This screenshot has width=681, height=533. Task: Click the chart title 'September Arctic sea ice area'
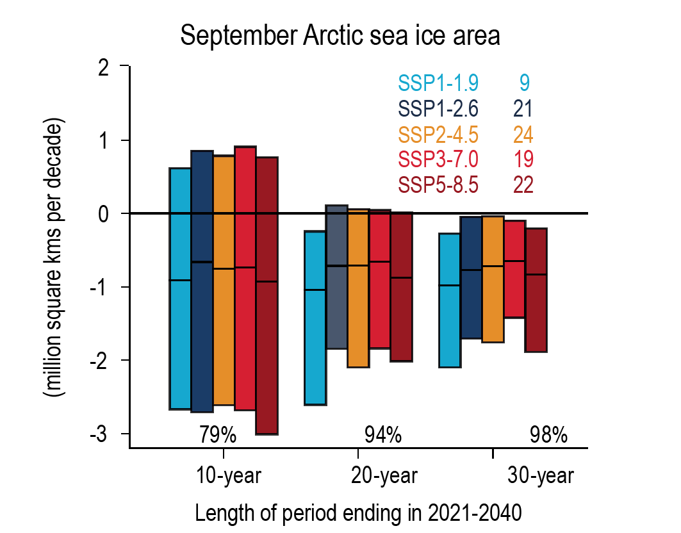(340, 36)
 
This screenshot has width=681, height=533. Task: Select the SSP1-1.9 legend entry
(438, 83)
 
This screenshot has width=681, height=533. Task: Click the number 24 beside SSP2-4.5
(523, 134)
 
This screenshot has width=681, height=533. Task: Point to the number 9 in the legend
(524, 83)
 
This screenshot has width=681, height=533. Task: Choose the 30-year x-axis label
(541, 477)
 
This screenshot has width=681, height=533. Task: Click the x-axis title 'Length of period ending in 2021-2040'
(357, 513)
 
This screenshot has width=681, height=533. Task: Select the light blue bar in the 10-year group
(180, 288)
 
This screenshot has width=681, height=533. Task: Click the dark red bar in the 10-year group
(267, 295)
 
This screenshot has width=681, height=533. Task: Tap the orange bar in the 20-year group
(358, 288)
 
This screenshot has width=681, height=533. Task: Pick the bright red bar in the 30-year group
(514, 269)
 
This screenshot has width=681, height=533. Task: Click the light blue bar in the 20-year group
(315, 318)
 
